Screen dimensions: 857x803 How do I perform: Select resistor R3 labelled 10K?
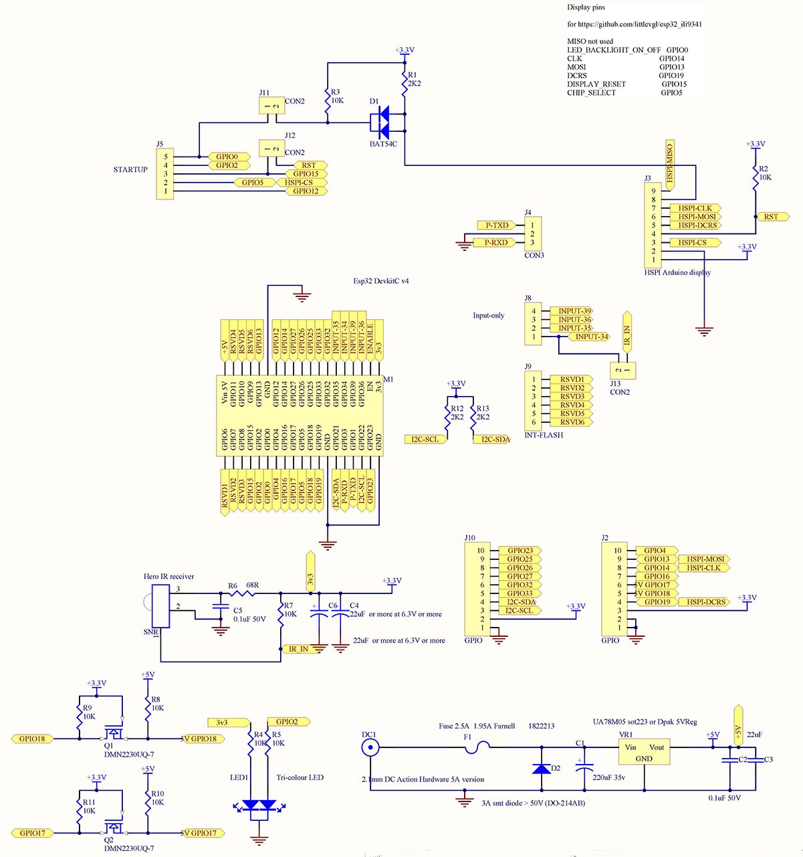click(328, 100)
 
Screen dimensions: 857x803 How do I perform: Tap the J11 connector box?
click(271, 106)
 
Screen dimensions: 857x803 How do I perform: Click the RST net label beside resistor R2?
click(772, 217)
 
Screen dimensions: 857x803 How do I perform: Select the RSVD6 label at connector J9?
click(572, 422)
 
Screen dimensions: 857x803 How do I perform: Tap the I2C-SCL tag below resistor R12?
click(425, 440)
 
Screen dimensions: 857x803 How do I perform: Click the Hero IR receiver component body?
click(160, 606)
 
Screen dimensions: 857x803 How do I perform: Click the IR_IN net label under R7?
click(298, 649)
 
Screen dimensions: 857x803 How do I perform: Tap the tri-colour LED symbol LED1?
click(259, 805)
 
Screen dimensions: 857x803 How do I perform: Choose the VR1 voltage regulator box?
click(643, 753)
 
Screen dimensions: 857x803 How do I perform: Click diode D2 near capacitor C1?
click(542, 768)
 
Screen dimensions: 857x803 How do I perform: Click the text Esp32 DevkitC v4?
click(380, 281)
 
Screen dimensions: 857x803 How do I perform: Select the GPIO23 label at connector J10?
click(520, 551)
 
